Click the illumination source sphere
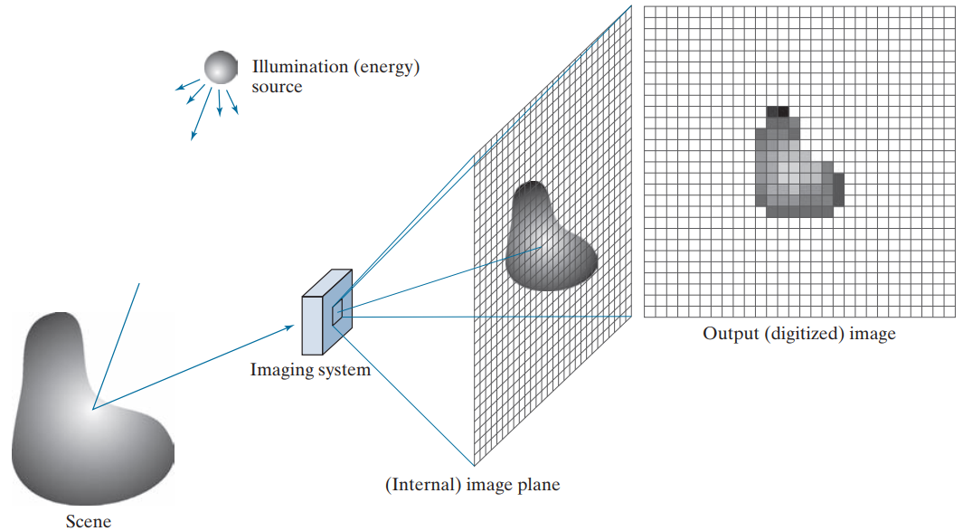(x=222, y=68)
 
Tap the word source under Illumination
(x=277, y=87)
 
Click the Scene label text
(x=89, y=521)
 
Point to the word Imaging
(x=279, y=370)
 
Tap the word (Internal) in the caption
(x=423, y=485)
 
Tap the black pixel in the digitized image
(x=783, y=112)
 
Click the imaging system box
(x=326, y=312)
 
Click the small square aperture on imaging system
(x=337, y=312)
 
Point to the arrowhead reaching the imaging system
(x=290, y=327)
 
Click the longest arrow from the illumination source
(x=201, y=114)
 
